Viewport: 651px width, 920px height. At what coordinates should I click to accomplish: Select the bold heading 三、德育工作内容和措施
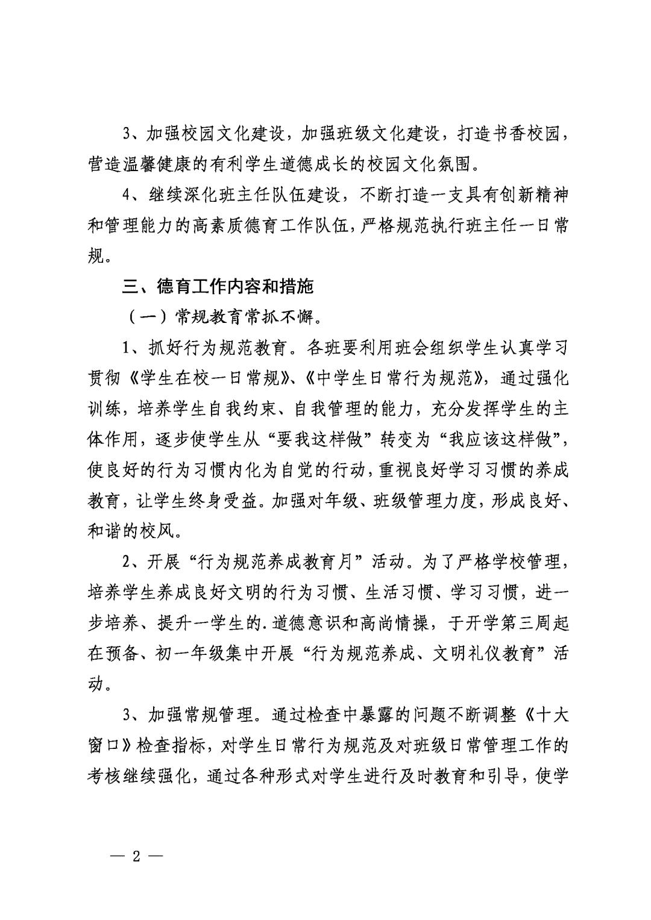point(218,286)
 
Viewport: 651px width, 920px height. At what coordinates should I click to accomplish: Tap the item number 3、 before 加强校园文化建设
point(131,133)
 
